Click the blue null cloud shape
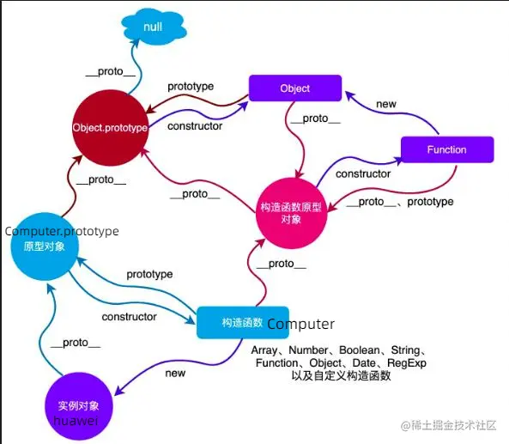click(x=153, y=28)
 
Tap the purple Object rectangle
click(x=295, y=88)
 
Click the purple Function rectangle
click(x=447, y=149)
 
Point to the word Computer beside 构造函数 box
click(x=301, y=324)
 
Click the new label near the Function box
click(x=386, y=104)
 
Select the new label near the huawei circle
click(x=175, y=374)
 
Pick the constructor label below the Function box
click(x=363, y=173)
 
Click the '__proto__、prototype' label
click(x=400, y=202)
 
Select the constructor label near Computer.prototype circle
click(x=129, y=317)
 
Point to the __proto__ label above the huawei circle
click(x=76, y=343)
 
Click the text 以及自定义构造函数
click(x=342, y=376)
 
